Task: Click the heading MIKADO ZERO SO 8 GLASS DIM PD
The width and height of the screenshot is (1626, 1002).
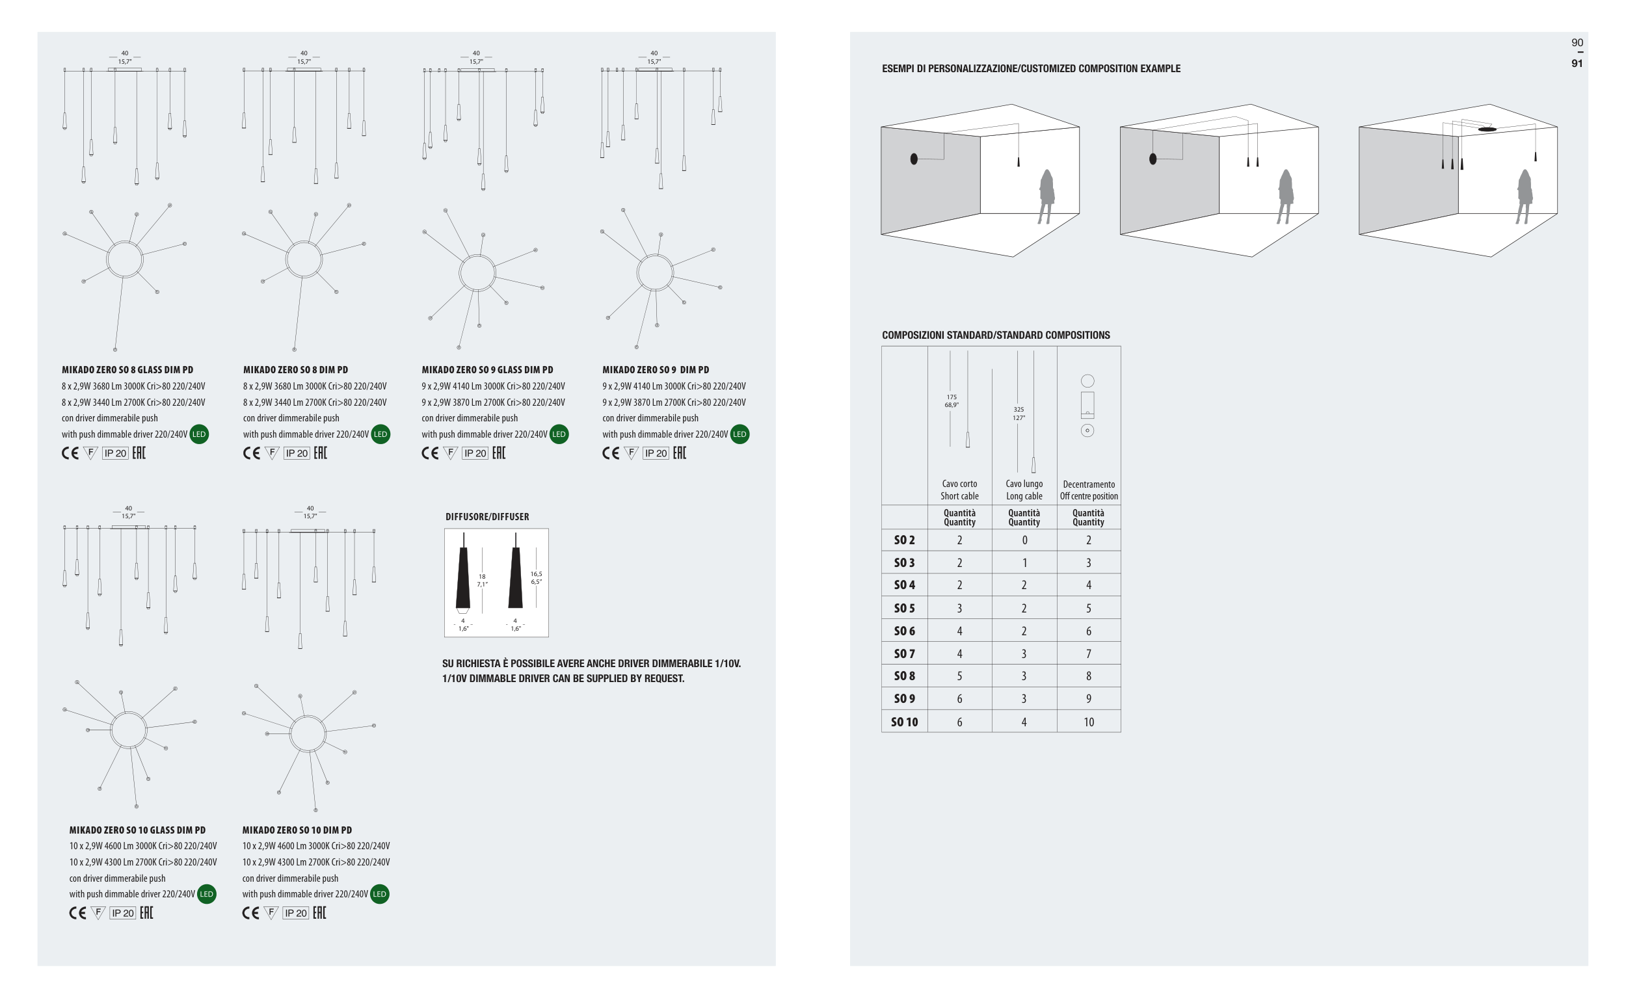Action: coord(127,370)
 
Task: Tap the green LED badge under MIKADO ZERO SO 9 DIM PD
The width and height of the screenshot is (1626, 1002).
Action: coord(739,435)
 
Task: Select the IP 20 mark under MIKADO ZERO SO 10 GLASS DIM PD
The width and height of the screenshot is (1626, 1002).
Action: coord(123,913)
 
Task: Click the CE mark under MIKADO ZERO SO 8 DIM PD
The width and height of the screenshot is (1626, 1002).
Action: coord(251,453)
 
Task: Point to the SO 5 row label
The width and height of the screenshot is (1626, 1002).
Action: coord(903,609)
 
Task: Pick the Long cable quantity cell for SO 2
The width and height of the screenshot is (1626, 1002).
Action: coord(1024,540)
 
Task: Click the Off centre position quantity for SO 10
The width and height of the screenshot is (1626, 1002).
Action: coord(1088,722)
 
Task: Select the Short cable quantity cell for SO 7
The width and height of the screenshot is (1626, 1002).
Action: coord(959,654)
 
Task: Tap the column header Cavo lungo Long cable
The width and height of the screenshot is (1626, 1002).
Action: coord(1024,490)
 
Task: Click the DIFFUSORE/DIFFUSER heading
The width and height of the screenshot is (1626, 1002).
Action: coord(487,517)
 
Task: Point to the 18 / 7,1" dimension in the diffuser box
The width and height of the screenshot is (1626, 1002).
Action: coord(482,581)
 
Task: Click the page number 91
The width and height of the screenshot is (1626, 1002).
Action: coord(1577,64)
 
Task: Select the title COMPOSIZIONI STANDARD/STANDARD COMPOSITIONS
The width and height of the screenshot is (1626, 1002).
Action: coord(996,336)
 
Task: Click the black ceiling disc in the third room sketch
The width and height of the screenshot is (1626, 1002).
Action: coord(1487,129)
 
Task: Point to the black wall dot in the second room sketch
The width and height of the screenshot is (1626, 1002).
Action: coord(1153,159)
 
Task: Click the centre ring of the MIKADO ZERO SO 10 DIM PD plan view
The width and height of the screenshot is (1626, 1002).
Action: coord(308,733)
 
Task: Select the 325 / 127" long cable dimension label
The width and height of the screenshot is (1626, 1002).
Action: coord(1019,414)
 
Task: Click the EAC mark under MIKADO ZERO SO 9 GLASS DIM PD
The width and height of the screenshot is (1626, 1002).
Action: coord(498,453)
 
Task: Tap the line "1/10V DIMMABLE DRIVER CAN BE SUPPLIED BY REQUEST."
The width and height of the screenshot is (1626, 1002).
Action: coord(563,679)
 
